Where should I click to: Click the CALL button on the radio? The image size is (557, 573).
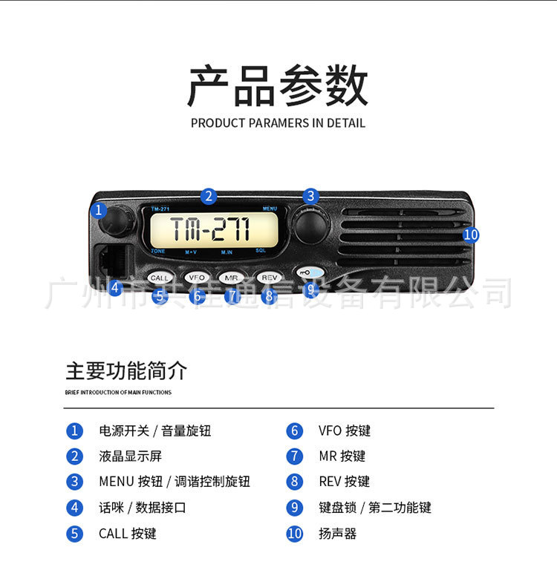[160, 278]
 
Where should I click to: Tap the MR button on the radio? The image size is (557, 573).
[232, 277]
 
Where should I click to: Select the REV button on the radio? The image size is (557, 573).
[268, 277]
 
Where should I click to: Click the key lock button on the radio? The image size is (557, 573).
[308, 272]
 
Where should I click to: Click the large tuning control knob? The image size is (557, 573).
[310, 224]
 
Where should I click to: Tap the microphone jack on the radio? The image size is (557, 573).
[111, 260]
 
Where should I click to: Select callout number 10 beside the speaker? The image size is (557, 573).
[470, 235]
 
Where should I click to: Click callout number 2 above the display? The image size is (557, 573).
[209, 196]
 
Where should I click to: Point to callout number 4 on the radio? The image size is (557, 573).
[114, 289]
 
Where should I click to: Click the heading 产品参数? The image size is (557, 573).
[278, 86]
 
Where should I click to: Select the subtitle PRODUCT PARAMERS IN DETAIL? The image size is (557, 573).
[278, 123]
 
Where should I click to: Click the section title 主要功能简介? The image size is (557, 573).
[126, 370]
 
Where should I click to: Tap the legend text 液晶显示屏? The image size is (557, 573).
[130, 456]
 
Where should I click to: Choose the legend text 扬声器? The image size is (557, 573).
[338, 533]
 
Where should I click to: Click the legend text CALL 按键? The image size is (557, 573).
[128, 533]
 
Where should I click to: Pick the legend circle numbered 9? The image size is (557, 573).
[295, 508]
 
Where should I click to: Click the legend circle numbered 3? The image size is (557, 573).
[74, 481]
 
